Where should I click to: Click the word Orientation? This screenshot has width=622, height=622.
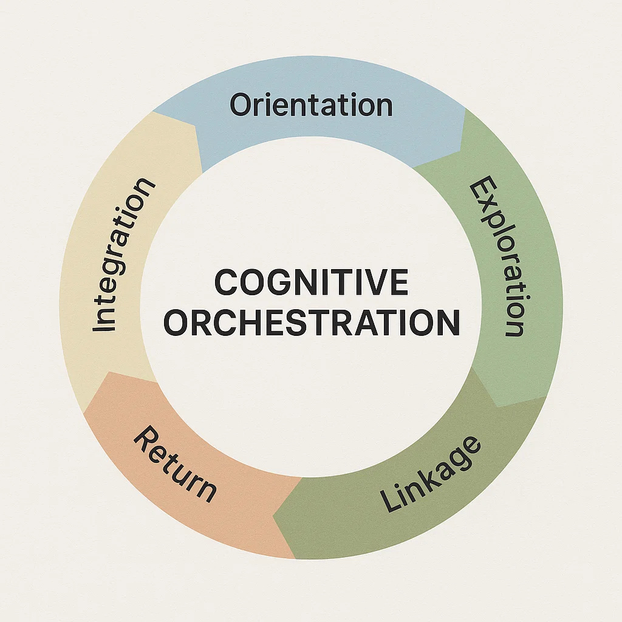click(311, 105)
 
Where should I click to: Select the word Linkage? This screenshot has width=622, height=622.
click(430, 473)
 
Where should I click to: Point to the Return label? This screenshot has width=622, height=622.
click(175, 463)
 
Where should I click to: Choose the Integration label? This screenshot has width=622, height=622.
click(123, 255)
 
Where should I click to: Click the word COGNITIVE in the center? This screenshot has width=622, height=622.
click(311, 284)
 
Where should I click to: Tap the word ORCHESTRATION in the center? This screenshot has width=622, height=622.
click(311, 323)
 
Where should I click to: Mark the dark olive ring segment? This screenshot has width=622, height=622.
click(425, 504)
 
